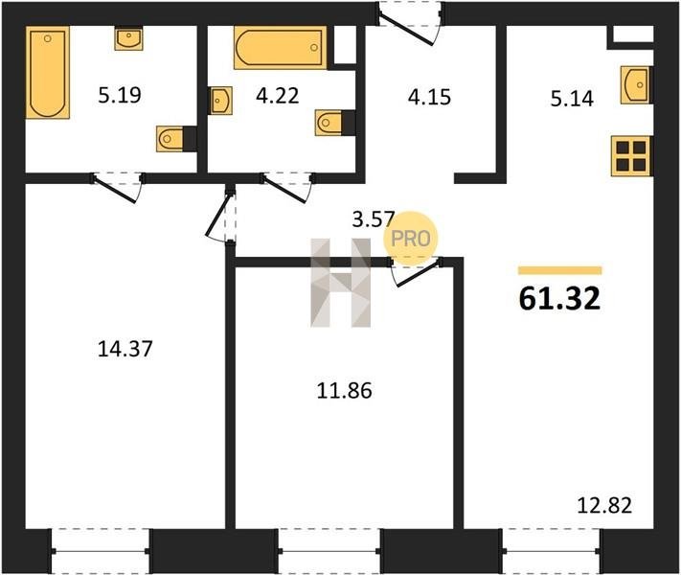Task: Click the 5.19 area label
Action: coord(120,95)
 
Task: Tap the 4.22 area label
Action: coord(278,96)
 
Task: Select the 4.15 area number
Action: coord(429,97)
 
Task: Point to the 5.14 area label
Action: coord(572,99)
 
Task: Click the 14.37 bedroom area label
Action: coord(125,349)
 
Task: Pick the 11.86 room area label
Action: coord(345,391)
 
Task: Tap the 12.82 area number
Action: coord(604,505)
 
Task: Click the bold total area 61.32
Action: coord(559,299)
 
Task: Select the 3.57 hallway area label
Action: coord(374,219)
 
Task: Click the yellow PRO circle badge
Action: coord(411,239)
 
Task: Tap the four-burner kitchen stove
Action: coord(630,156)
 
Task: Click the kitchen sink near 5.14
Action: coord(635,85)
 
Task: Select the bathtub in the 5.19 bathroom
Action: coord(48,72)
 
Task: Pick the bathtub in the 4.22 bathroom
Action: coord(280,48)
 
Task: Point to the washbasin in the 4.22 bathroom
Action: coord(220,101)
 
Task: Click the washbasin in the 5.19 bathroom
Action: coord(129,38)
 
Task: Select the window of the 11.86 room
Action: coord(329,551)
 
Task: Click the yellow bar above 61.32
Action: coord(559,271)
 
